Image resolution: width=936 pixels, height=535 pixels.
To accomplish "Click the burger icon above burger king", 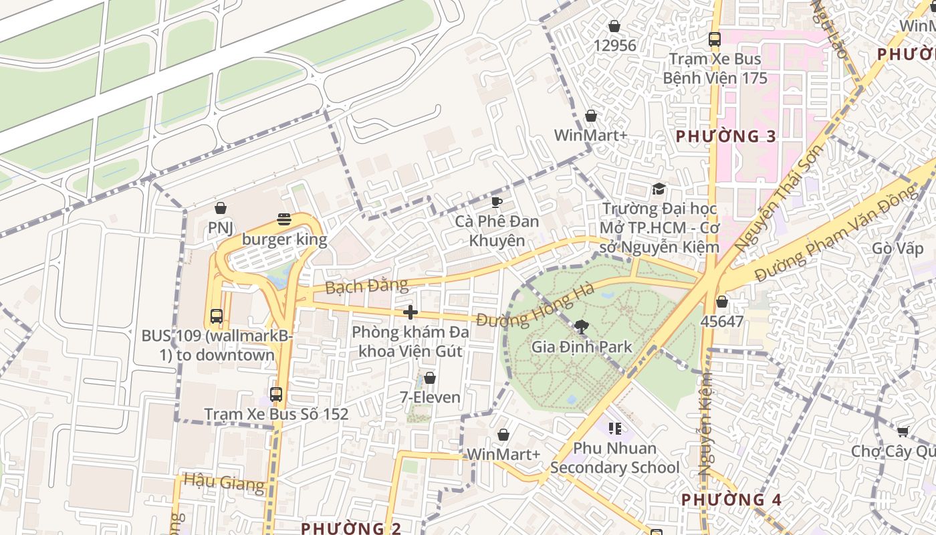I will point(284,219).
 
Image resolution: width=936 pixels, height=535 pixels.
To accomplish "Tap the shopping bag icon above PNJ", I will point(221,208).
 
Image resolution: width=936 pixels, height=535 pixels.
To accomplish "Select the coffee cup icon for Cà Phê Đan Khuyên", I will point(496,201).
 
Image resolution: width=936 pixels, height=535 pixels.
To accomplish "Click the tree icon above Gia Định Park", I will point(582,326).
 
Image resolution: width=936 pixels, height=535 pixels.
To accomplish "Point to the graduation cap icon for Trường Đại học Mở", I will point(659,189).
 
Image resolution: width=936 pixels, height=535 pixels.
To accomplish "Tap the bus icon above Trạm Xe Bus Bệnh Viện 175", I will point(715,39).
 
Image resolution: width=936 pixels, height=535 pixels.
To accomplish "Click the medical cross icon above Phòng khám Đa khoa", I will point(411,312).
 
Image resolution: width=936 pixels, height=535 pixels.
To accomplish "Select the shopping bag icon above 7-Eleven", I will point(430,378).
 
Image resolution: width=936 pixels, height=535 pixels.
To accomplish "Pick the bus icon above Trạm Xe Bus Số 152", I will point(276,395).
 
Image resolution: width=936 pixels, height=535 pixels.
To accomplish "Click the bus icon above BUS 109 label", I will point(216,316).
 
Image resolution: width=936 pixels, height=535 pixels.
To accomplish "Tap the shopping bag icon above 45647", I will point(722,302).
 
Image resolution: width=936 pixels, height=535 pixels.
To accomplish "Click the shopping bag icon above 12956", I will point(614,26).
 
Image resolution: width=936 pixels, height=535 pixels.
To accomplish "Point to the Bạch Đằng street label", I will point(366,286).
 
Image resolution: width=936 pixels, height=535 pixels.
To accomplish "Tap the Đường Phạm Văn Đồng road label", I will point(836,233).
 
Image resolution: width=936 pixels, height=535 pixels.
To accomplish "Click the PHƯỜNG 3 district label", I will point(725,136).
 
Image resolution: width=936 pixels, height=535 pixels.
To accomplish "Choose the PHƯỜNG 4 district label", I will point(731,500).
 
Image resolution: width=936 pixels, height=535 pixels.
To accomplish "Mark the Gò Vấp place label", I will point(897,249).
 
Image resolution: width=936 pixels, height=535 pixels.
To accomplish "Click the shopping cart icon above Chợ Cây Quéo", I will point(903,431).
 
